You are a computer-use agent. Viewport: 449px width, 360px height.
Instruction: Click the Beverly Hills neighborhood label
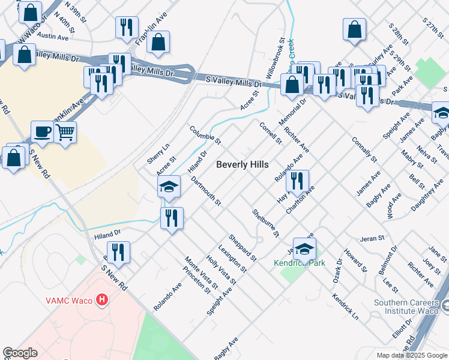pyautogui.click(x=242, y=164)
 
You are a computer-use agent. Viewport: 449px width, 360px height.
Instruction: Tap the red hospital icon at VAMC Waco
pyautogui.click(x=103, y=299)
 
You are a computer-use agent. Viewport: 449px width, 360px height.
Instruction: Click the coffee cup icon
pyautogui.click(x=42, y=131)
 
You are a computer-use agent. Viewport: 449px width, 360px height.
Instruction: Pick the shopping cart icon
pyautogui.click(x=65, y=131)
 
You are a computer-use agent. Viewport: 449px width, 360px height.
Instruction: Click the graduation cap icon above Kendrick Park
pyautogui.click(x=305, y=248)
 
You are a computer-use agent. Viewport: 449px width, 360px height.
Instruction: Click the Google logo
pyautogui.click(x=20, y=353)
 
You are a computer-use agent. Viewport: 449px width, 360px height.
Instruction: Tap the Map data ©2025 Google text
pyautogui.click(x=411, y=355)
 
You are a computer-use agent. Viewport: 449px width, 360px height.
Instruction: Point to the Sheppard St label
pyautogui.click(x=242, y=248)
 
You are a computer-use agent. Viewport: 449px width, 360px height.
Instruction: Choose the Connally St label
pyautogui.click(x=364, y=149)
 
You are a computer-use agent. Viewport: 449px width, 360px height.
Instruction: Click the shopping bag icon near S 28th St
pyautogui.click(x=355, y=28)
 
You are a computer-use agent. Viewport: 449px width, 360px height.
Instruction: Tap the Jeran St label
pyautogui.click(x=372, y=239)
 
